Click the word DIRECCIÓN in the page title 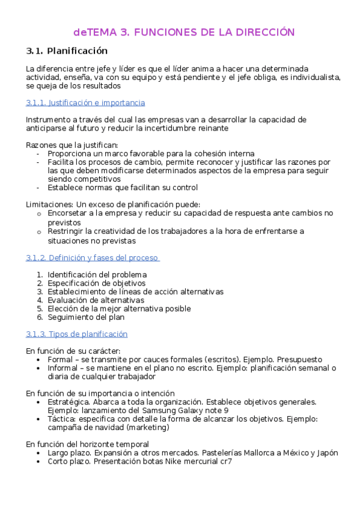coord(260,32)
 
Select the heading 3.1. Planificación coord(67,51)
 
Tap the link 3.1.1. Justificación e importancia coord(85,103)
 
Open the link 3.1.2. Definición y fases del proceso coord(92,258)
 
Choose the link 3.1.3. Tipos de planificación coord(76,334)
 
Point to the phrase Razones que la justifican coord(72,146)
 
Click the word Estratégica coord(69,402)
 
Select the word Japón coord(326,453)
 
